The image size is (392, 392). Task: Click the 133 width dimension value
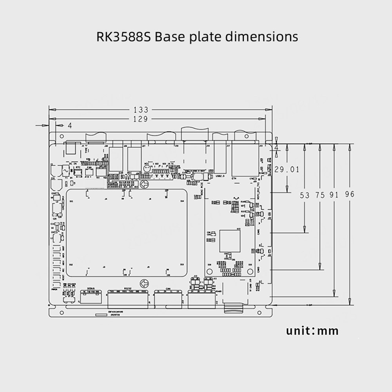(x=141, y=110)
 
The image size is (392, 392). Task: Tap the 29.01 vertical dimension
(x=287, y=169)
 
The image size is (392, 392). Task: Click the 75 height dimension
(x=320, y=195)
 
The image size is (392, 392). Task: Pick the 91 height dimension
(x=334, y=195)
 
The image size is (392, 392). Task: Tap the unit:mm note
(x=312, y=330)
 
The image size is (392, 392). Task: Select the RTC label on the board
(x=78, y=166)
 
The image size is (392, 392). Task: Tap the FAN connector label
(x=89, y=166)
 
